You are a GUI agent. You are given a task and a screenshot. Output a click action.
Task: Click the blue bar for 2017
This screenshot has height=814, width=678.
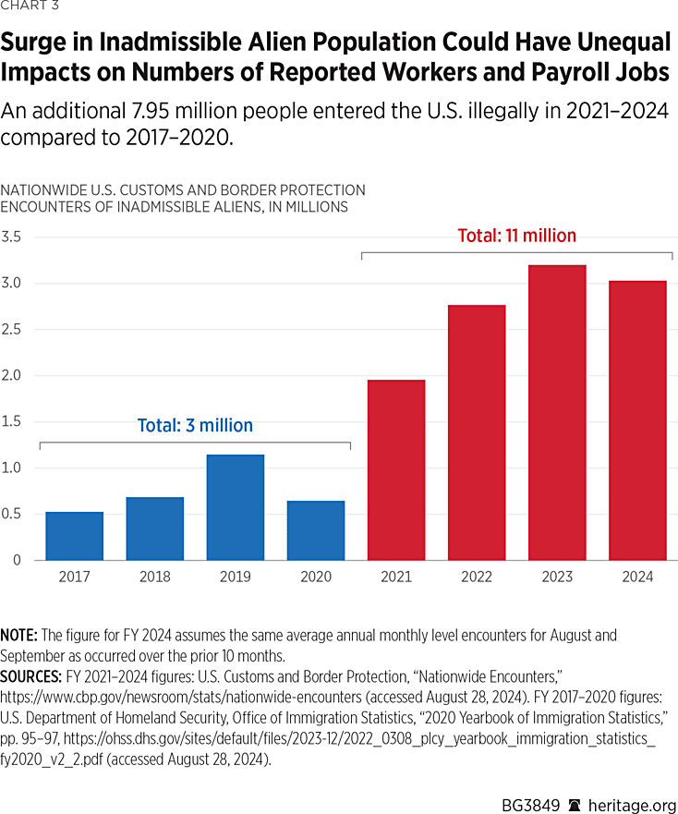point(74,536)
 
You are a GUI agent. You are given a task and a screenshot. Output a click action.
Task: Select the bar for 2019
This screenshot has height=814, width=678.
point(235,507)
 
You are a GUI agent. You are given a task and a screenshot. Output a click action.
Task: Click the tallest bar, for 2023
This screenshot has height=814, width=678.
point(557,412)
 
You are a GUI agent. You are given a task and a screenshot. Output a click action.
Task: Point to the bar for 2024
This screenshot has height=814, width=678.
point(637,419)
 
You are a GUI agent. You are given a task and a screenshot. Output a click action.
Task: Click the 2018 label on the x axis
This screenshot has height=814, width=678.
point(154,577)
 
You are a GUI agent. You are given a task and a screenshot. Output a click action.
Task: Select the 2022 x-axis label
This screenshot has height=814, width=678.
point(477,577)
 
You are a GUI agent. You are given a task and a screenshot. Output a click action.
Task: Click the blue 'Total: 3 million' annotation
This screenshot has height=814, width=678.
point(195,426)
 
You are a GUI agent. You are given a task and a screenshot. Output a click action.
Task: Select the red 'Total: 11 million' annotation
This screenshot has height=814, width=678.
point(517,236)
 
